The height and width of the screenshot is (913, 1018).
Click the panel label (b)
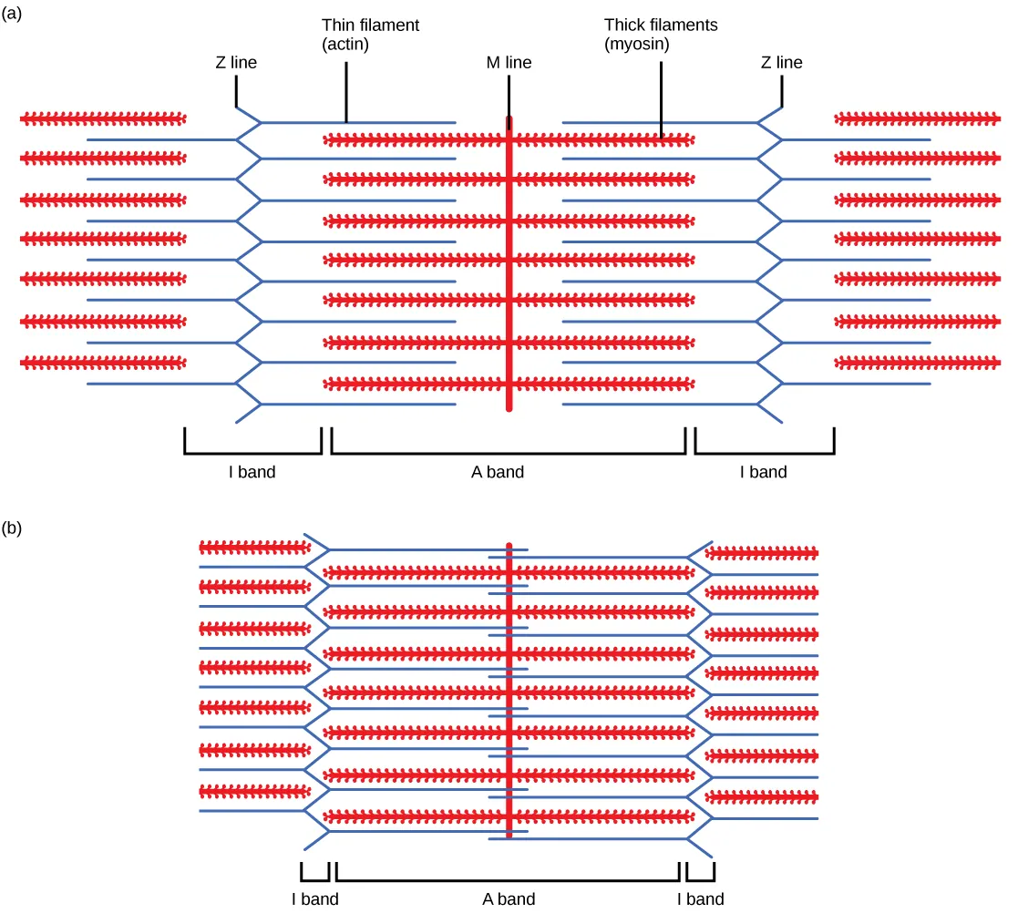tap(14, 528)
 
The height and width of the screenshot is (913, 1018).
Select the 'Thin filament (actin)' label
tap(370, 35)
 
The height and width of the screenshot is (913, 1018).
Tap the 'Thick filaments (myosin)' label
tap(661, 35)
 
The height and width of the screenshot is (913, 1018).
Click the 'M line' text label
tap(509, 63)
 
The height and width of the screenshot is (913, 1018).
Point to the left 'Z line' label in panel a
tap(235, 63)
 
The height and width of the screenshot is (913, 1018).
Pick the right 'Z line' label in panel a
tap(781, 63)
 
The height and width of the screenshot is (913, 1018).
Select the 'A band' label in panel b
tap(509, 899)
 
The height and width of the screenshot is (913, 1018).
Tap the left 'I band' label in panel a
tap(252, 472)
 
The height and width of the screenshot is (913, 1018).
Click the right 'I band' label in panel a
tap(763, 472)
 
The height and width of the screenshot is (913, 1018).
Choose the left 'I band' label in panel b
tap(315, 899)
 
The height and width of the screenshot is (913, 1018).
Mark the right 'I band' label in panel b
tap(700, 899)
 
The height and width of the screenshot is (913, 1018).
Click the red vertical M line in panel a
tap(509, 273)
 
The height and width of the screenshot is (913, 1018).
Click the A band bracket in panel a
tap(509, 452)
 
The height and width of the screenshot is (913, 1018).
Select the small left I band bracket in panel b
tap(314, 880)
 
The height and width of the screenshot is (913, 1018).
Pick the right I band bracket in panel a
tap(764, 452)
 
